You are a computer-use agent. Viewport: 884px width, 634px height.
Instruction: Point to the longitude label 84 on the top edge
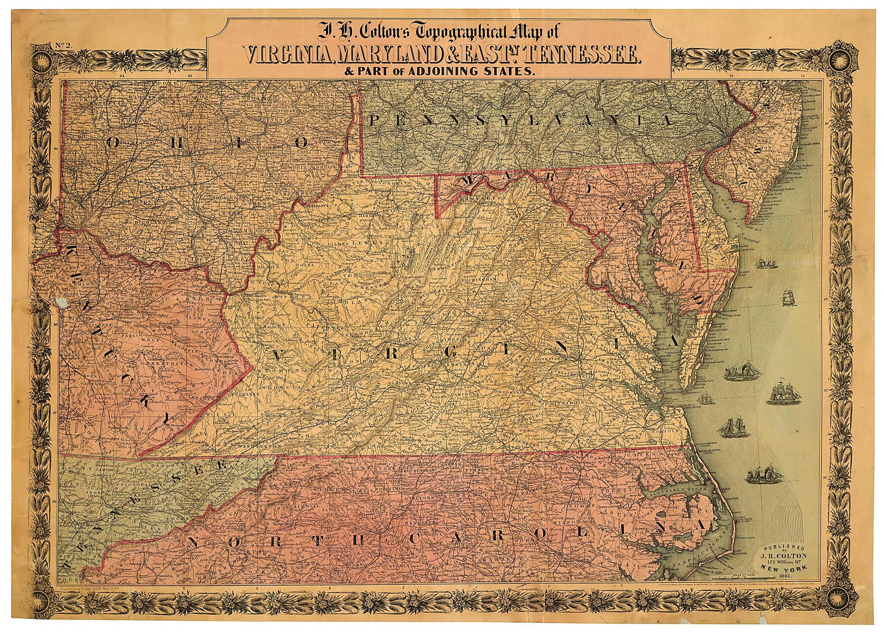(x=122, y=76)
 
